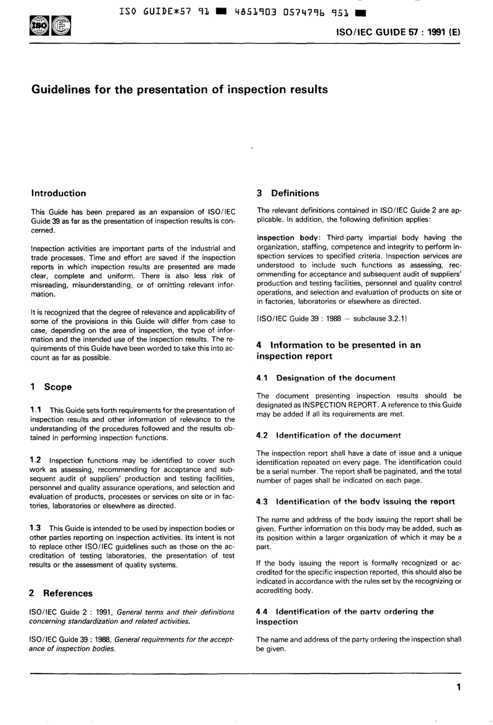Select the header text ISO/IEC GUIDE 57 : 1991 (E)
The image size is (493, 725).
point(399,32)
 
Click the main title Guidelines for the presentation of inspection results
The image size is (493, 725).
point(180,90)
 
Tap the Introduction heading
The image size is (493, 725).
point(59,193)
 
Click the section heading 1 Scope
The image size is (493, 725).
point(51,387)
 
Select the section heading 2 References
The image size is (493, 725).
point(61,593)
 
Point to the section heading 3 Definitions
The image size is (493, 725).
point(288,193)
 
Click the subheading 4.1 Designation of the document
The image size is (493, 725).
point(325,378)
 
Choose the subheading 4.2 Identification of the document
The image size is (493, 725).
point(328,435)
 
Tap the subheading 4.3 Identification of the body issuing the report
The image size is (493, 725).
point(355,502)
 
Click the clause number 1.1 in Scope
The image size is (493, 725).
point(36,410)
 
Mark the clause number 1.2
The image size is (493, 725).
point(36,460)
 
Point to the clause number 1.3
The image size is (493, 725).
point(36,528)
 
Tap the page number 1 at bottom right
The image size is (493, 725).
point(458,687)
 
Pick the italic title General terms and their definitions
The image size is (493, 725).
point(175,612)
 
